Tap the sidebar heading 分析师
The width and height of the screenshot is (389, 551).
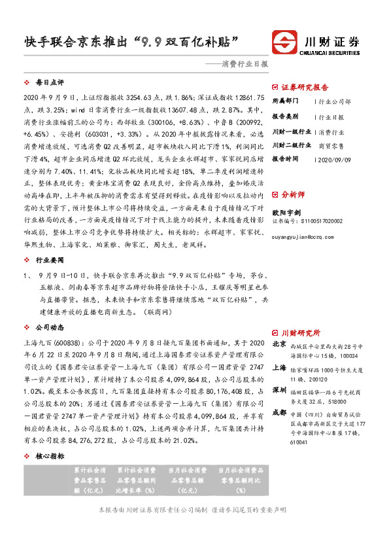(x=292, y=213)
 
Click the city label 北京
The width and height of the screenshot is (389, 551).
(x=279, y=344)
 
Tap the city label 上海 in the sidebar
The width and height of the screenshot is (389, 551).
(x=279, y=368)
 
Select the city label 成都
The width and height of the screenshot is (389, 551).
(x=279, y=412)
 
